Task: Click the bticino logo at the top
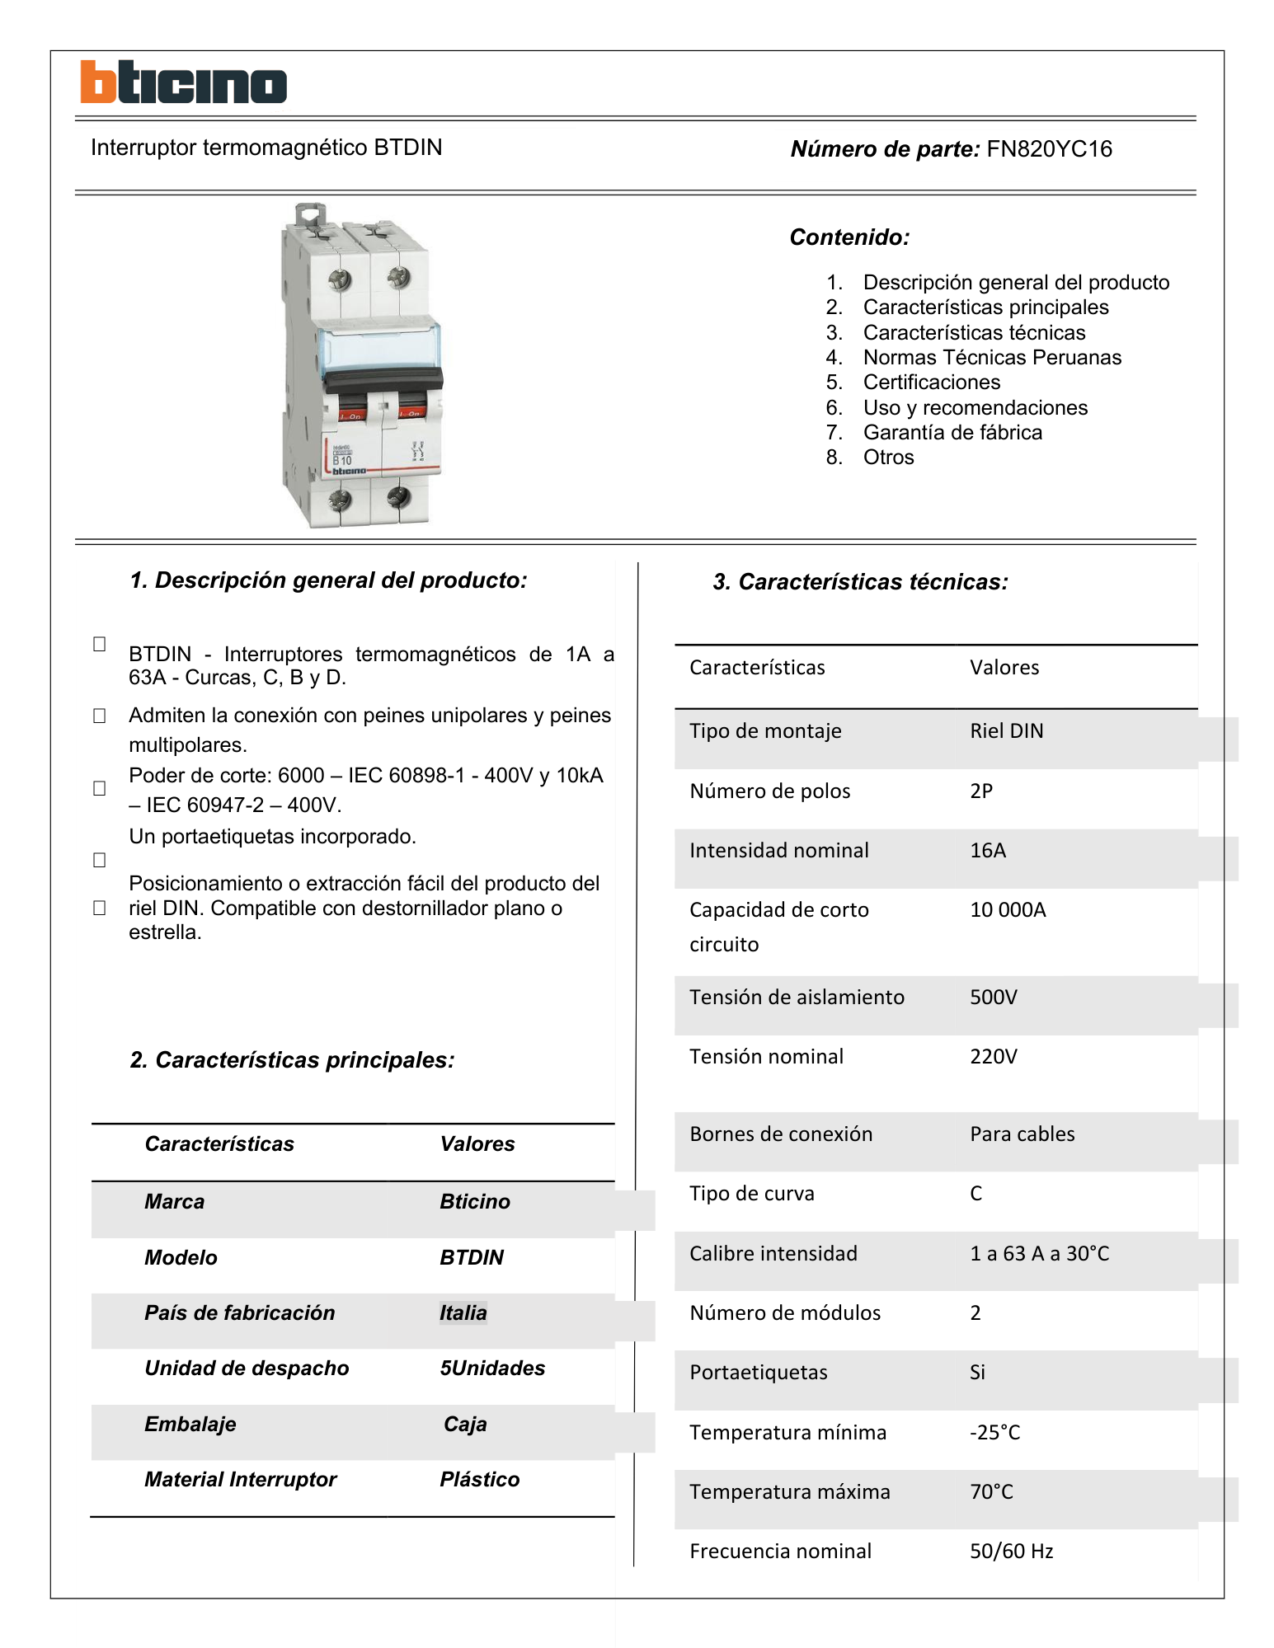tap(183, 82)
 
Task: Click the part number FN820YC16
tap(1049, 149)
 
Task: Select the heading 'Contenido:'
tap(849, 237)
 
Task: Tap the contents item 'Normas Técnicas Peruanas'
tap(992, 358)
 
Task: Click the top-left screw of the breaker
tap(339, 280)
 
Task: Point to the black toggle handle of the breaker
tap(383, 379)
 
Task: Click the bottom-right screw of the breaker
tap(399, 497)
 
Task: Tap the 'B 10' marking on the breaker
tap(342, 460)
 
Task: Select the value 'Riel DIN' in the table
tap(1006, 731)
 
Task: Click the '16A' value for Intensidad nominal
tap(988, 851)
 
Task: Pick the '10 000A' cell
tap(1008, 910)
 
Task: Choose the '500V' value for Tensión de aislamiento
tap(994, 998)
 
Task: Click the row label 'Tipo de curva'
tap(751, 1194)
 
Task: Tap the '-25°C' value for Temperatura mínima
tap(994, 1433)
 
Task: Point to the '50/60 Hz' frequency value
tap(1011, 1552)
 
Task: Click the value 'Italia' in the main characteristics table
tap(463, 1313)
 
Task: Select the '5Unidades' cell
tap(492, 1369)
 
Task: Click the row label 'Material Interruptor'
tap(240, 1480)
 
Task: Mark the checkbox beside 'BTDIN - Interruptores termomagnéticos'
tap(100, 644)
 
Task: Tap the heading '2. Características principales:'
tap(292, 1060)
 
